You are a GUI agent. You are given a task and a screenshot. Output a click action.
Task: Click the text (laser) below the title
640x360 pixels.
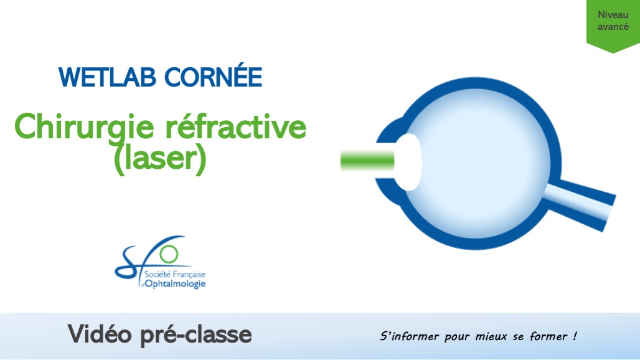pos(160,159)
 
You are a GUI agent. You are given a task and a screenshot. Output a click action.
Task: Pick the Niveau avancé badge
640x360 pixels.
pos(613,22)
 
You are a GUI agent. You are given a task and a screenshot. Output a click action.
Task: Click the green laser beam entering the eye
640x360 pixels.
pos(367,161)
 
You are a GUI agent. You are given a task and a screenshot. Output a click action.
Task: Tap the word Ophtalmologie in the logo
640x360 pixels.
pos(175,284)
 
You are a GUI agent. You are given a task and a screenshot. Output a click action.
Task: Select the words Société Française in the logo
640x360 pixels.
pos(174,274)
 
